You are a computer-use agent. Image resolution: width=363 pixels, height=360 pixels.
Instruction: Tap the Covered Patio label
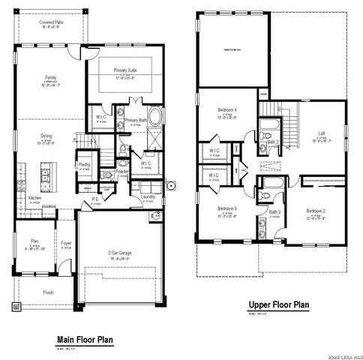pos(51,22)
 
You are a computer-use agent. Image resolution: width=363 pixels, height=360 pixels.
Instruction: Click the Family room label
pos(51,77)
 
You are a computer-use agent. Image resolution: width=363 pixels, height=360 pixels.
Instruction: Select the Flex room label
pos(34,241)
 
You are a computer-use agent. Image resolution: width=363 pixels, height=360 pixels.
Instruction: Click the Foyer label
pos(66,243)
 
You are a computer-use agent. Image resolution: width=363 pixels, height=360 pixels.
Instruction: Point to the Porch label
pos(48,293)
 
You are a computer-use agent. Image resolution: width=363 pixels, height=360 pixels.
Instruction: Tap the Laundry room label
pos(148,197)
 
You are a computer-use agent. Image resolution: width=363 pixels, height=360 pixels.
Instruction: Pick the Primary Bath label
pos(135,120)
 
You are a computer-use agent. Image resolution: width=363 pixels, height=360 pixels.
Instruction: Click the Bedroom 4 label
pos(226,109)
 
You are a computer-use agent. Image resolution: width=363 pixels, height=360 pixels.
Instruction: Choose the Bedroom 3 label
pos(226,208)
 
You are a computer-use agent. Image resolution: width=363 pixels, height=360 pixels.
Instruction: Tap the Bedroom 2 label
pos(316,211)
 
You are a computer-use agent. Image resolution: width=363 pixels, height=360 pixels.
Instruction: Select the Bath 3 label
pos(274,213)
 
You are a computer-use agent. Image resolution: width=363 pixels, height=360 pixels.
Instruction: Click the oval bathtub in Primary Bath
pos(155,118)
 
